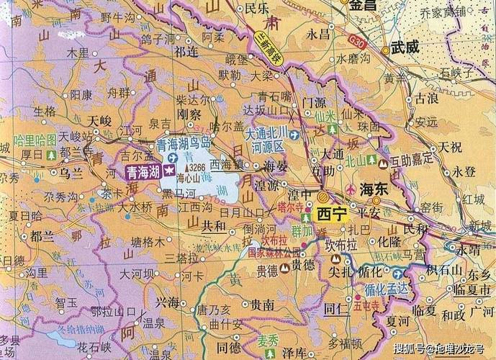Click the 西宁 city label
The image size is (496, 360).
[x=332, y=213]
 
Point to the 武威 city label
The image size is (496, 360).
[x=405, y=48]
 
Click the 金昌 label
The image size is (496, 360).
[x=364, y=5]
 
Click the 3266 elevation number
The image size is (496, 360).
[x=197, y=167]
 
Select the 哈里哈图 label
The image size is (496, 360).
[x=35, y=138]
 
